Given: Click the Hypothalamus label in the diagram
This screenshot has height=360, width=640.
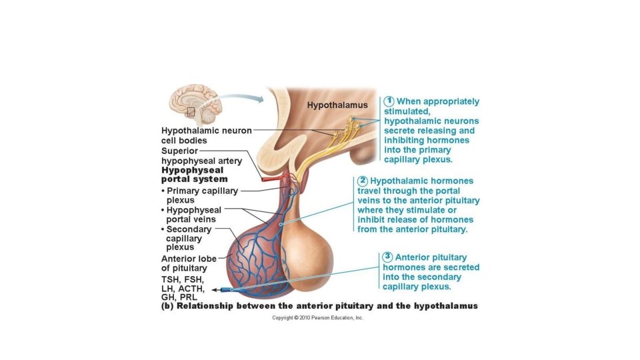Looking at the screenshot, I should coord(337,105).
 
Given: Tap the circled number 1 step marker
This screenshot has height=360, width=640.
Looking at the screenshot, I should coord(389,101).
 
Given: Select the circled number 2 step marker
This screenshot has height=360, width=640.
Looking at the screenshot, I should coord(363,181).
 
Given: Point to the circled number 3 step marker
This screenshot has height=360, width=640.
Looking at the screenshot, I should coord(387,257).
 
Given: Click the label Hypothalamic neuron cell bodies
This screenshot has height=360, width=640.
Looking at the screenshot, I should coord(206,135).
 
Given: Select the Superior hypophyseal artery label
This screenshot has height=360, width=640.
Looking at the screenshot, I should coord(201,156).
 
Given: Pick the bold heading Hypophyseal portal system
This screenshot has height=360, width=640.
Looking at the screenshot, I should coord(194,175).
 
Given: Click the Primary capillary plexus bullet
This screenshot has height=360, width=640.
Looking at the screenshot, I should coord(200,195).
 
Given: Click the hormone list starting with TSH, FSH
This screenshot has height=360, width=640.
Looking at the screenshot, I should coord(183,288).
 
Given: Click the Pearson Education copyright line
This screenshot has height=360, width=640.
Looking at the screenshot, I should coord(317,318).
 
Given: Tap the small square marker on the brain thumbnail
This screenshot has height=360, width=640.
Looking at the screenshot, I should coord(191,112).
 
